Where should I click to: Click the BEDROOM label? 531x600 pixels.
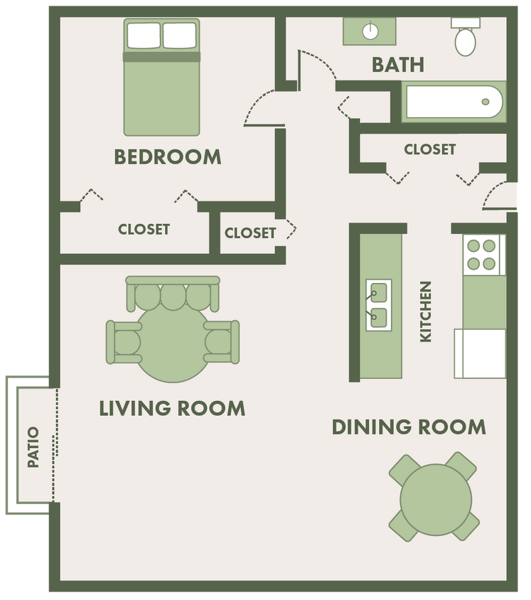coord(168,156)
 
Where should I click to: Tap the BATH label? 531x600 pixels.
coord(398,65)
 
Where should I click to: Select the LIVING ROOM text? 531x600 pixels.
coord(172,408)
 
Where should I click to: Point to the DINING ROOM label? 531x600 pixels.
coord(409,427)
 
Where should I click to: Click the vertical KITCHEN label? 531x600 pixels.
coord(426,311)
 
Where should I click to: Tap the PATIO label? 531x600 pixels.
coord(33,447)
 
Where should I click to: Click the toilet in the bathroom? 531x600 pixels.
coord(465,38)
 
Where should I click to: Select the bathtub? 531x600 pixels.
coord(454,102)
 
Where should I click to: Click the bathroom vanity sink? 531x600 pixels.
coord(370,31)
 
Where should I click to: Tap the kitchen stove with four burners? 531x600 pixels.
coord(480,255)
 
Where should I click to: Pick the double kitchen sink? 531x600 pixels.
coord(378,304)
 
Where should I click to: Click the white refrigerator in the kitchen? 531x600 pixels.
coord(481,353)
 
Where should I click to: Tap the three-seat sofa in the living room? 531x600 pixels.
coord(173,291)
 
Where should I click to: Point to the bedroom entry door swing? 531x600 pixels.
coord(259,110)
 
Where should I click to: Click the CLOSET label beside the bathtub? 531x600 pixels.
coord(429,149)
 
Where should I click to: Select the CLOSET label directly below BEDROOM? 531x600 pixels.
coord(144,229)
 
